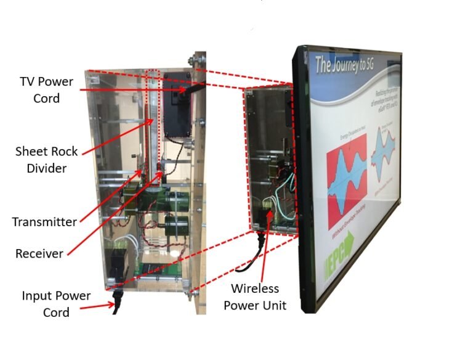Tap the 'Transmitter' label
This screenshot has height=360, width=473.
[44, 222]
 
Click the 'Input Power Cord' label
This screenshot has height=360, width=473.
[57, 303]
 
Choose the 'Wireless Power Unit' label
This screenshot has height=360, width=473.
[255, 297]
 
